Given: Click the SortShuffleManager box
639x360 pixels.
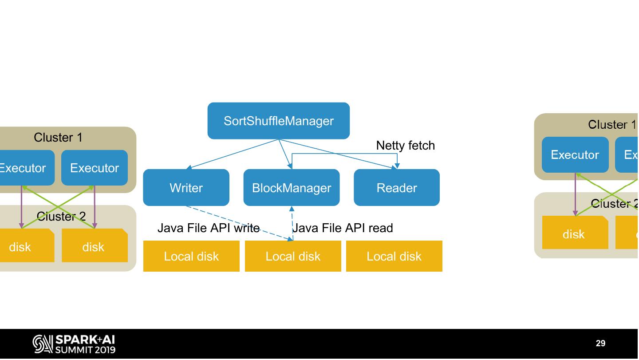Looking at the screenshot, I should point(279,121).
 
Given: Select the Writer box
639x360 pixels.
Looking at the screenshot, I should point(186,188).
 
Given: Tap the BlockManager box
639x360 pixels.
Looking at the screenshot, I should point(292,188).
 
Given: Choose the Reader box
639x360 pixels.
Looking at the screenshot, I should point(397,188).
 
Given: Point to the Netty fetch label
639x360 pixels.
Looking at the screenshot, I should point(405,146).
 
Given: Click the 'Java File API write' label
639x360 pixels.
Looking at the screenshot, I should point(208,228).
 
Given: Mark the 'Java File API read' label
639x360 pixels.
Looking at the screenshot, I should point(343,228).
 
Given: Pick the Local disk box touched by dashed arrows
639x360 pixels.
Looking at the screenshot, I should point(293,256).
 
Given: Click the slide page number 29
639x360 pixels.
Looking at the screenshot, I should point(600,343).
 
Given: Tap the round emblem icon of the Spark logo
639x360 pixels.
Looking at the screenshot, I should point(42,344).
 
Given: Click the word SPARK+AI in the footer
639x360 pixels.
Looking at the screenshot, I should point(84,340).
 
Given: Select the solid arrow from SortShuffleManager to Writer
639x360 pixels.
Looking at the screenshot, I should point(231,154).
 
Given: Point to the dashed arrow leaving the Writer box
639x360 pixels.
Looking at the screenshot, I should point(240,223).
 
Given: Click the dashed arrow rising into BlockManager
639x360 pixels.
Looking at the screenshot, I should point(292,222).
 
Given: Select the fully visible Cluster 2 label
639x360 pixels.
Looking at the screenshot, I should point(61,216).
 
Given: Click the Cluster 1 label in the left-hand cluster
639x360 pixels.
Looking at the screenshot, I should point(58,138).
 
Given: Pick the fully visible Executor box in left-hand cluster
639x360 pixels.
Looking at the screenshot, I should point(95,168).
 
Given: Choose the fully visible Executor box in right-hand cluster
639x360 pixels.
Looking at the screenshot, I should point(575,154).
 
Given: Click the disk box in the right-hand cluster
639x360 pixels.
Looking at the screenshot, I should point(574,234).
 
